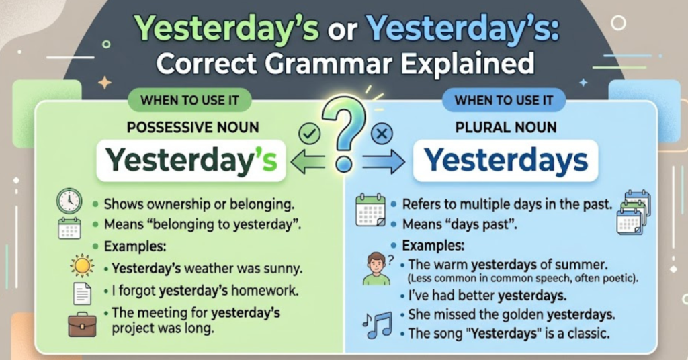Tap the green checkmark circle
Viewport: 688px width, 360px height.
[308, 135]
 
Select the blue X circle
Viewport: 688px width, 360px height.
[381, 135]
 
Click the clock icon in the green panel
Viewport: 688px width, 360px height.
[69, 201]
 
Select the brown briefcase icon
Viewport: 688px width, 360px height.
[81, 324]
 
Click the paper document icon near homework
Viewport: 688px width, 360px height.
[81, 294]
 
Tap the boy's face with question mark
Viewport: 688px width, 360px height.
[376, 267]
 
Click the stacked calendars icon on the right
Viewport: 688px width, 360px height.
[633, 210]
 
